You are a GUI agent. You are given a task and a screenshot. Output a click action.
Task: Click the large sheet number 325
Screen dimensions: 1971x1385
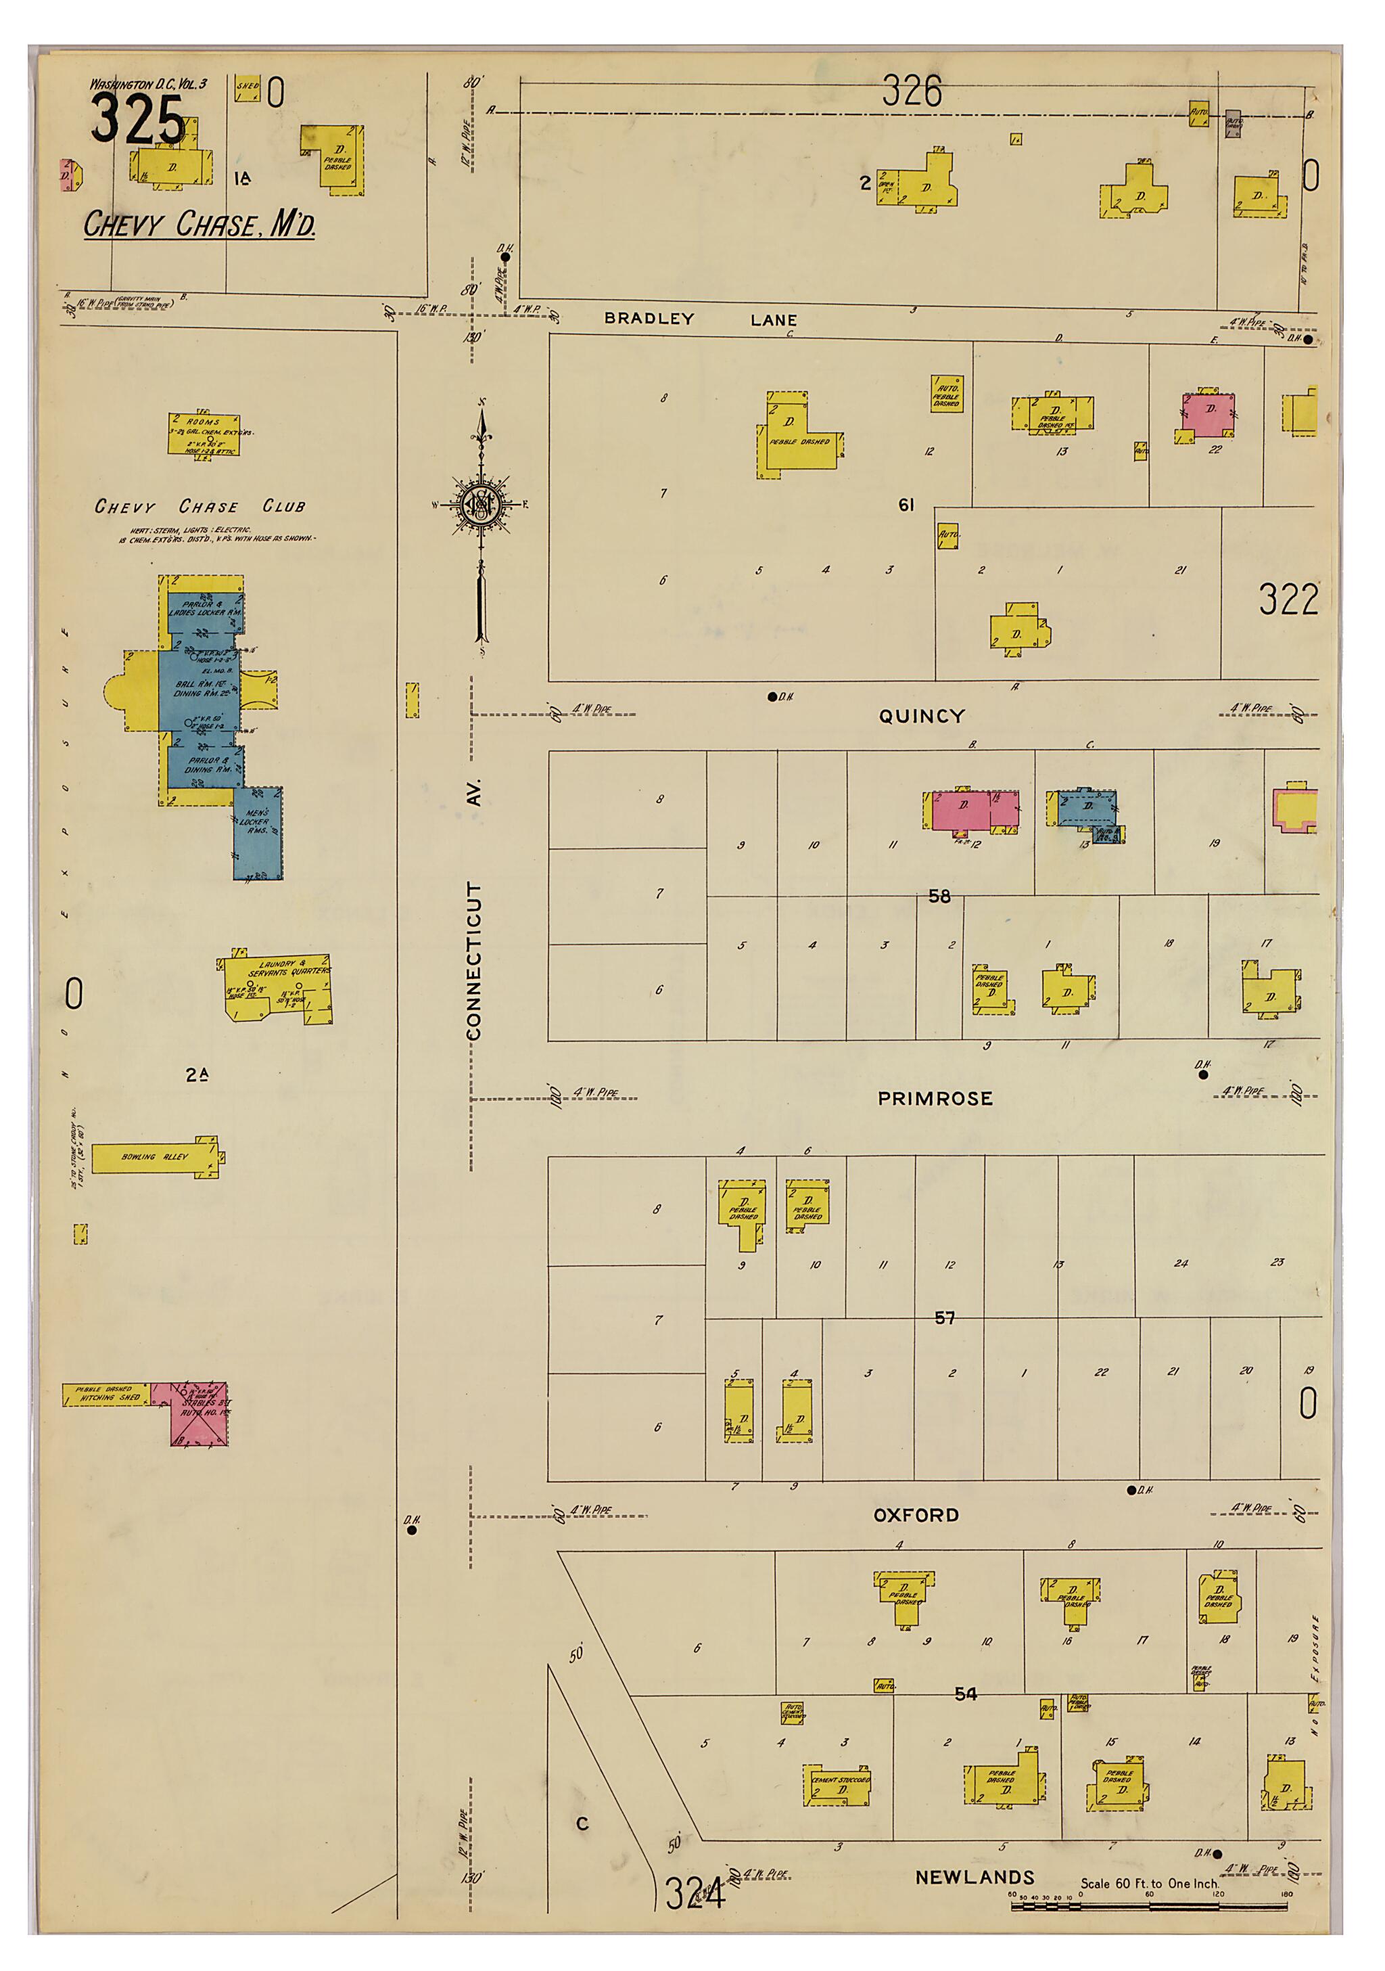[x=137, y=120]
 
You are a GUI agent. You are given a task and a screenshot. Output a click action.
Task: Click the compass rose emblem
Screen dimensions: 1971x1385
[x=482, y=505]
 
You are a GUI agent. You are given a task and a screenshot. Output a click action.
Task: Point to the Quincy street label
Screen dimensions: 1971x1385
[x=922, y=716]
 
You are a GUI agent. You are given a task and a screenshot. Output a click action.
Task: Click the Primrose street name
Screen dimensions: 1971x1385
[x=935, y=1098]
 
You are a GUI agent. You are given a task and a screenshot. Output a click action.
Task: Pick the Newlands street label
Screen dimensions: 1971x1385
[x=974, y=1878]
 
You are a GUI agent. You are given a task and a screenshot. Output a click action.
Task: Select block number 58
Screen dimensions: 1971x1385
[x=939, y=897]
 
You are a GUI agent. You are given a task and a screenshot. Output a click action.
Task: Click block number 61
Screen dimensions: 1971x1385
[x=906, y=505]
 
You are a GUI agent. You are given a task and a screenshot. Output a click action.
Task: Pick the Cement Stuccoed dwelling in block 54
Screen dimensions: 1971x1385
[x=839, y=1786]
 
